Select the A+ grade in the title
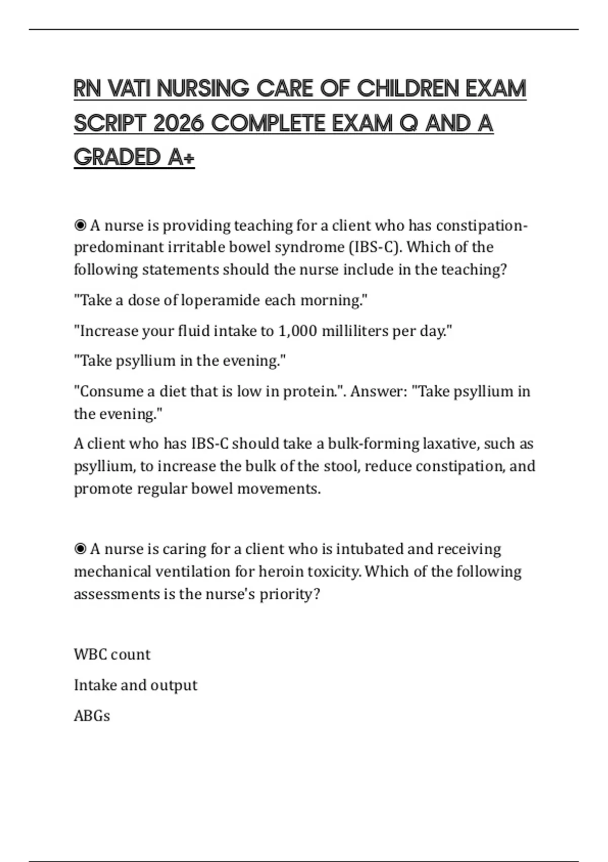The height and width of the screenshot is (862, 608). click(181, 157)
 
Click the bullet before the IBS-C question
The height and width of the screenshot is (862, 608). click(80, 225)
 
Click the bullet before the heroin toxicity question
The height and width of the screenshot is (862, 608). click(80, 549)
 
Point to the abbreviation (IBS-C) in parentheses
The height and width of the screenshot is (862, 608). click(375, 247)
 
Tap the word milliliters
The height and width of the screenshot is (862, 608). click(355, 331)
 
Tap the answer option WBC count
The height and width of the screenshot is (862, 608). click(112, 655)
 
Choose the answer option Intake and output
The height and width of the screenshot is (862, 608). click(135, 685)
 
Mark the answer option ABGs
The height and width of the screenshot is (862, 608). click(92, 716)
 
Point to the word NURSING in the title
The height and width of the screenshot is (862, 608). click(203, 89)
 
